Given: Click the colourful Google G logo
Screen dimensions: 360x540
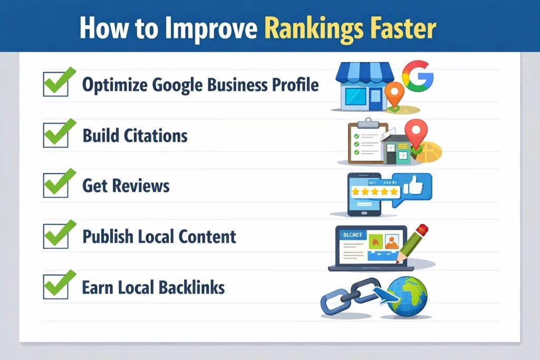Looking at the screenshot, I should [x=417, y=75].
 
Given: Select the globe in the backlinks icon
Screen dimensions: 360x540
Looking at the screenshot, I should [x=407, y=297].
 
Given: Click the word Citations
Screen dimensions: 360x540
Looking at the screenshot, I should [x=156, y=136].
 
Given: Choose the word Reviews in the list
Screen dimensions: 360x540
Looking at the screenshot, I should [x=140, y=186].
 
